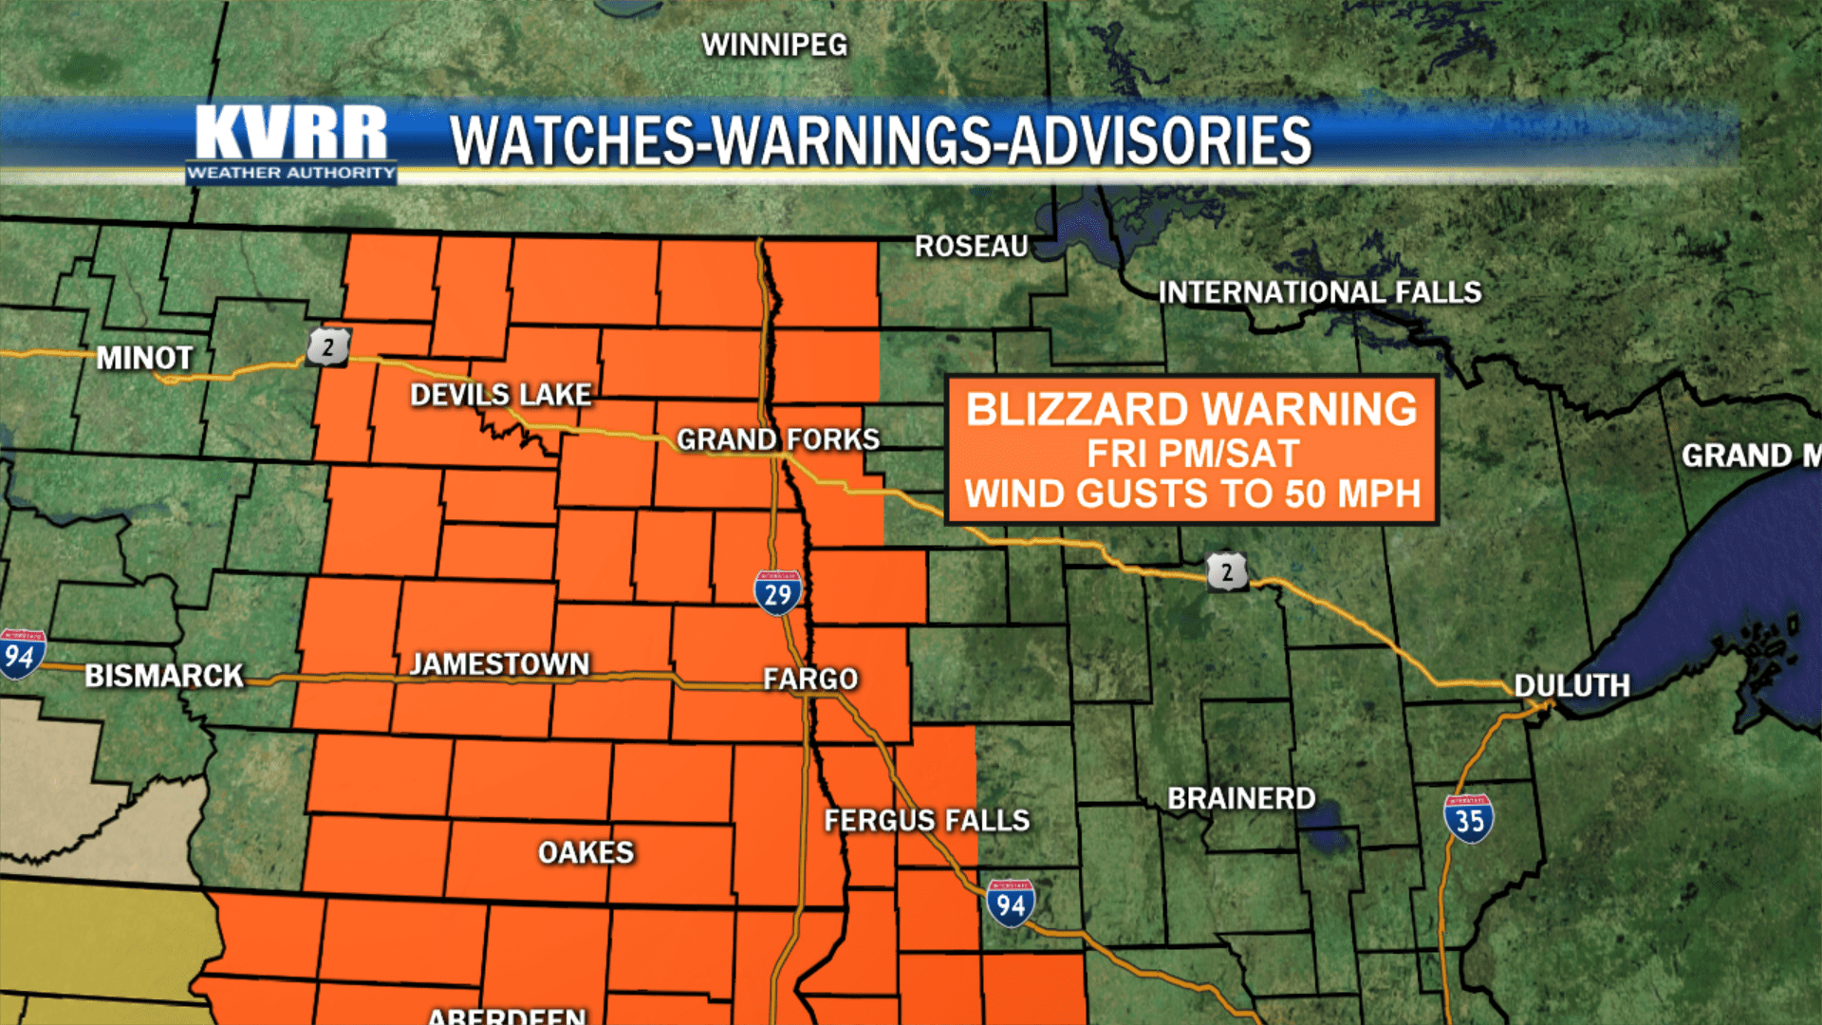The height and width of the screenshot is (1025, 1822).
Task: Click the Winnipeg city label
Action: pyautogui.click(x=774, y=45)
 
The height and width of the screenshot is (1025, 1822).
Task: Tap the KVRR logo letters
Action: pyautogui.click(x=290, y=133)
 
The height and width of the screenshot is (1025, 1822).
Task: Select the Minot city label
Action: pyautogui.click(x=145, y=358)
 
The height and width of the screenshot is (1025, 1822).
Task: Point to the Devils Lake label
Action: pyautogui.click(x=501, y=395)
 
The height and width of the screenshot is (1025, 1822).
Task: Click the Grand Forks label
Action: pyautogui.click(x=778, y=439)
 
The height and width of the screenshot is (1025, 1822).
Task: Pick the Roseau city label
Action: pyautogui.click(x=972, y=247)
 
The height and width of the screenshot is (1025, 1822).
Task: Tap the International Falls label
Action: pyautogui.click(x=1320, y=292)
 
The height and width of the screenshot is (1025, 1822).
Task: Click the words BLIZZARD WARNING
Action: pyautogui.click(x=1192, y=410)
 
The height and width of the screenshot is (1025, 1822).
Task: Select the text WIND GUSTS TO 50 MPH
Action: pyautogui.click(x=1193, y=494)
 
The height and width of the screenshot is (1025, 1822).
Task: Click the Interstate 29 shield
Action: pyautogui.click(x=778, y=593)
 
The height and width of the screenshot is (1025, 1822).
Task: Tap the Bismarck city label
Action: pyautogui.click(x=164, y=676)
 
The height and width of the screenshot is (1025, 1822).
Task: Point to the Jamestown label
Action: pyautogui.click(x=499, y=664)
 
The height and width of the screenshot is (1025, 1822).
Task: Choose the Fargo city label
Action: pyautogui.click(x=810, y=679)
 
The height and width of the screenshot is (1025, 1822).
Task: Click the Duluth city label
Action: pyautogui.click(x=1571, y=685)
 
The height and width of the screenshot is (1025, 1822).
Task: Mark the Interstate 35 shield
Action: pyautogui.click(x=1468, y=819)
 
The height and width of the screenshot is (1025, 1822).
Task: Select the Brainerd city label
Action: pyautogui.click(x=1241, y=799)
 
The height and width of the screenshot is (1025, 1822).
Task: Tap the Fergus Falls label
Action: pyautogui.click(x=926, y=820)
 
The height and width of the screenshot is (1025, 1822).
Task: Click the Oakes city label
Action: pyautogui.click(x=586, y=852)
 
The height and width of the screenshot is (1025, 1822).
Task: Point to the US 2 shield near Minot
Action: pyautogui.click(x=328, y=347)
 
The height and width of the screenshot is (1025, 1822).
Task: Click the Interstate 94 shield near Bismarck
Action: pyautogui.click(x=21, y=654)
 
